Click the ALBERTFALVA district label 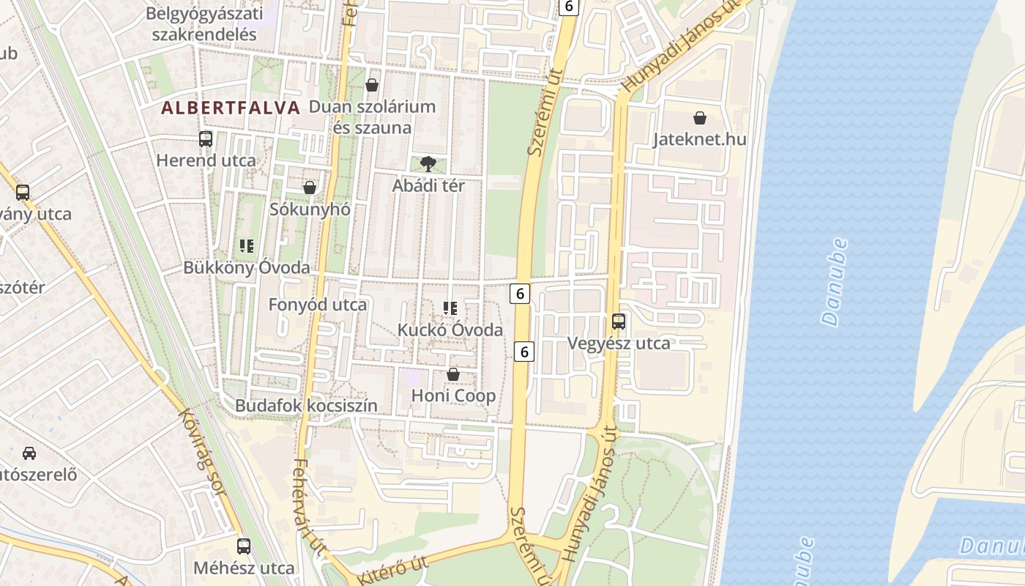coord(231,108)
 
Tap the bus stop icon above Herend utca coord(206,138)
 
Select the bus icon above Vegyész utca coord(619,321)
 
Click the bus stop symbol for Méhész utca coord(244,546)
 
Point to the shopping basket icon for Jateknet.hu coord(700,117)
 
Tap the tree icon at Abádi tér coord(428,163)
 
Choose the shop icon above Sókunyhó coord(310,188)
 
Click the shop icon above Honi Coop coord(453,374)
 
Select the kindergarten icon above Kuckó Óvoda coord(450,308)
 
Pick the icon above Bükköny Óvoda coord(247,246)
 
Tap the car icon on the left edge coord(29,453)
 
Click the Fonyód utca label coord(317,304)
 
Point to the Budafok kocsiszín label coord(306,405)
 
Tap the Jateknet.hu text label coord(699,139)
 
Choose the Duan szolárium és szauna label coord(372,117)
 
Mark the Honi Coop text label coord(453,396)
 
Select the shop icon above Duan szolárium coord(372,85)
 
